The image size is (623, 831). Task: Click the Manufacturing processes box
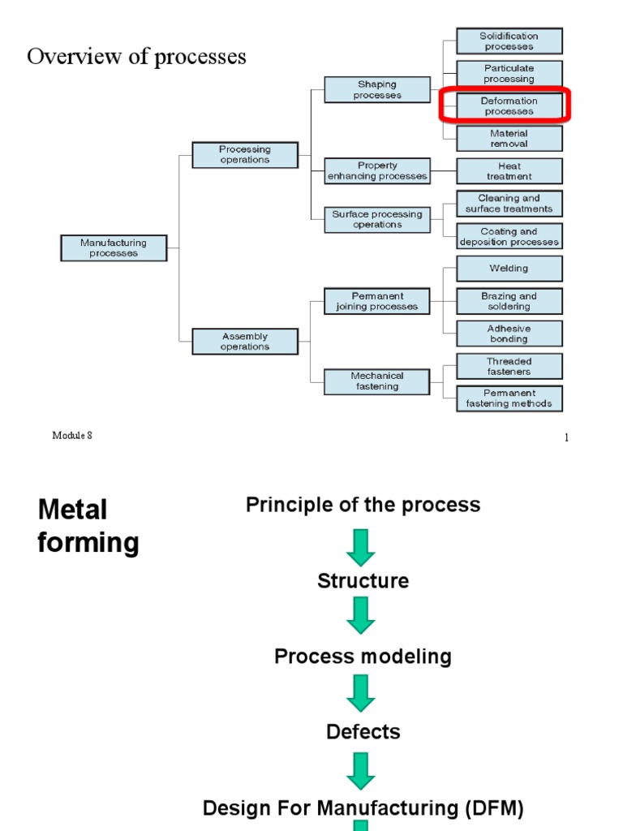pos(114,248)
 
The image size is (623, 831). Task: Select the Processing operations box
pos(245,154)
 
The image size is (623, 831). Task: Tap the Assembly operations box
pos(245,341)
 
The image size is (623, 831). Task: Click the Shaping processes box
pos(377,89)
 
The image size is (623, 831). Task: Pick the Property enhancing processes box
pos(377,171)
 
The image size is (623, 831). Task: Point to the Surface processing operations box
pos(377,219)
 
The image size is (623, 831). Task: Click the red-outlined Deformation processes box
pos(509,105)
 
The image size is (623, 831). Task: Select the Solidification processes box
pos(509,41)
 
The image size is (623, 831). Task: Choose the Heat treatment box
pos(509,171)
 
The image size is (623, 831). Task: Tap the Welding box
pos(509,269)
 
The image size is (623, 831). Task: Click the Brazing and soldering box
pos(509,301)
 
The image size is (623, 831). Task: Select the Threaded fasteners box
pos(509,366)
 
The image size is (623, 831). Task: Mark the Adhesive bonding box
pos(509,334)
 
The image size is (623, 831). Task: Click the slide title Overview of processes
pos(136,57)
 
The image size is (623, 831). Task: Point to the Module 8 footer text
pos(72,436)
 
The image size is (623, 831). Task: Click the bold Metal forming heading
pos(88,526)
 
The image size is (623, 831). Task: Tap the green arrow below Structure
pos(361,615)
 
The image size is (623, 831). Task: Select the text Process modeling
pos(363,657)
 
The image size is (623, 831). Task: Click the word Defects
pos(363,732)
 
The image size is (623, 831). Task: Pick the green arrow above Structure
pos(361,547)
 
